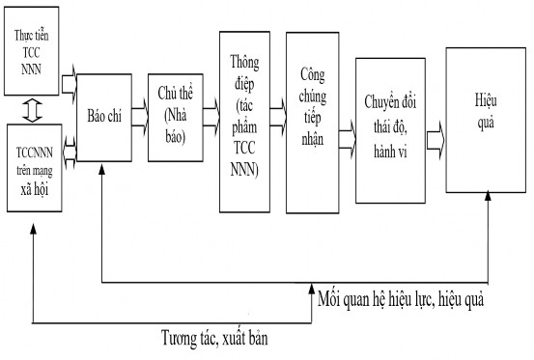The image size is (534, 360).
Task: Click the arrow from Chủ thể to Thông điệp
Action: coord(210,115)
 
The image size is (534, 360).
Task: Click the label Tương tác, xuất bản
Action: coord(214,339)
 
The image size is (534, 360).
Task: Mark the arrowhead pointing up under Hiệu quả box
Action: coord(487,195)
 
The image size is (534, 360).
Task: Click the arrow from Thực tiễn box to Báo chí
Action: coord(70,84)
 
